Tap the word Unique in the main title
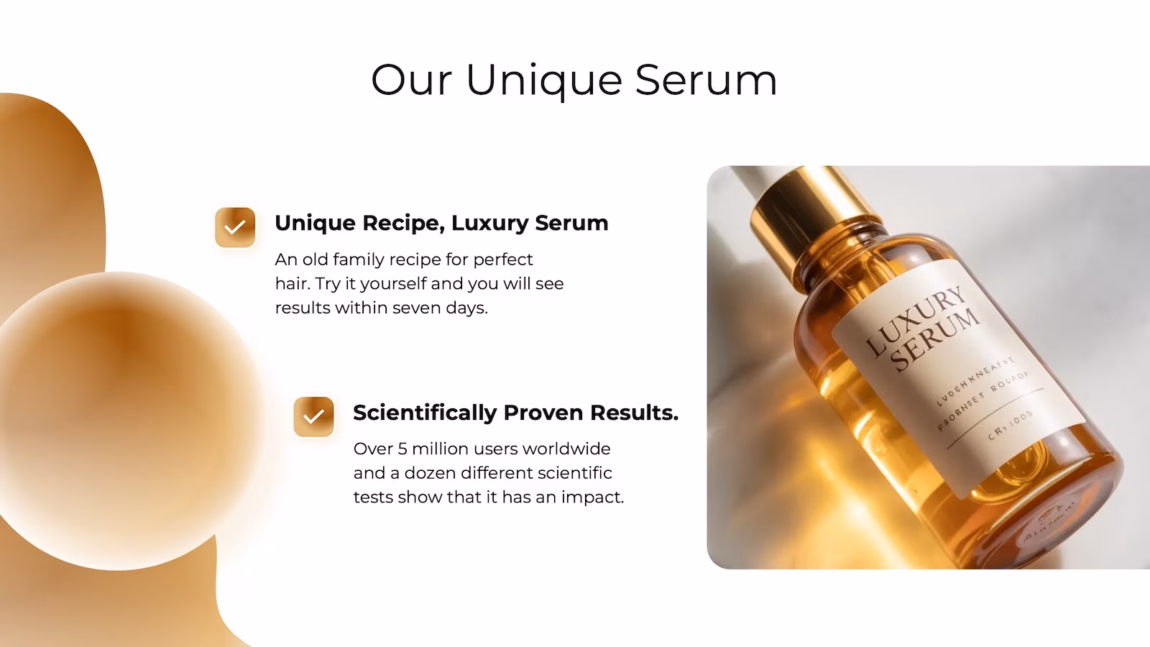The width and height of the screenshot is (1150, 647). coord(544,81)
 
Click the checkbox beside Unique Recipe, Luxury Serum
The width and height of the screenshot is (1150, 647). coord(235,228)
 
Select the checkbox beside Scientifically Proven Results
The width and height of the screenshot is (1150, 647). coord(313,417)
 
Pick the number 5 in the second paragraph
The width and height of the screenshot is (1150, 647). coord(402,449)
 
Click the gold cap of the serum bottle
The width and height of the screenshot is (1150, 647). coord(805,201)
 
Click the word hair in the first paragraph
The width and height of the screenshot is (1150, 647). coord(291,283)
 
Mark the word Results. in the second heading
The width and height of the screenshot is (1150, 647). coord(634,413)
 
